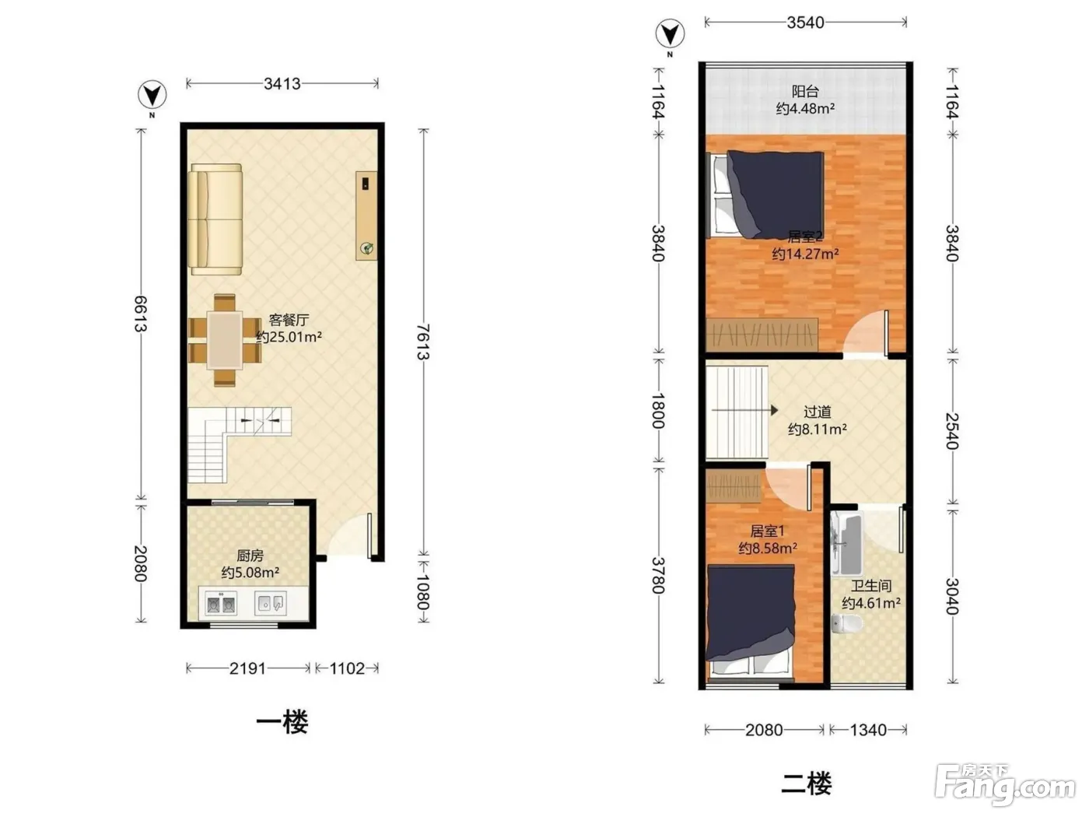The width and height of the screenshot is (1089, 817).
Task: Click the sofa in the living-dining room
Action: (216, 219)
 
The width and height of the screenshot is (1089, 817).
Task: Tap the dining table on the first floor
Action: (225, 340)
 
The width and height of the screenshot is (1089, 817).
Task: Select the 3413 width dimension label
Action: (282, 83)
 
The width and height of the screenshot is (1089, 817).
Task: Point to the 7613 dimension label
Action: (422, 342)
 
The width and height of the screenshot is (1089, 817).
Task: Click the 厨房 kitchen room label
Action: (250, 555)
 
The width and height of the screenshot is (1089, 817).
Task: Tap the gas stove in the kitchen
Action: (221, 605)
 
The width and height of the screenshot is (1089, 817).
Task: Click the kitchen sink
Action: (271, 603)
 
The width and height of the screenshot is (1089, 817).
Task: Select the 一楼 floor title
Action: (282, 722)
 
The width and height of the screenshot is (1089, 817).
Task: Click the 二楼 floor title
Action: (806, 784)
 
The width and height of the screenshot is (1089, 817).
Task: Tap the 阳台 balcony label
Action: (805, 91)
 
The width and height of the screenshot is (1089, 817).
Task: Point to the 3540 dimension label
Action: (805, 23)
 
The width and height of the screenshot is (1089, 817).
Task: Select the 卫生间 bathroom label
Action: (871, 586)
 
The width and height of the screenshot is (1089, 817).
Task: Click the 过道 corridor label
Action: (817, 412)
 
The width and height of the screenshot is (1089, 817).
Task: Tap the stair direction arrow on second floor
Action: (744, 410)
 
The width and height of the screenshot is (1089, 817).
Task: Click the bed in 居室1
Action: (750, 621)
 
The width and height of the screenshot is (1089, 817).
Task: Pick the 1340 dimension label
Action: (868, 730)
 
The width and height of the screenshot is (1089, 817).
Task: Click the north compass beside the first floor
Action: (152, 95)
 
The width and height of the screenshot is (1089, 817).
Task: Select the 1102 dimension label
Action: (347, 668)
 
